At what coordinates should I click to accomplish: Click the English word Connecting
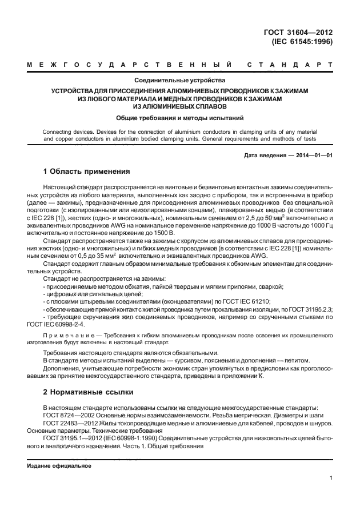(x=59, y=132)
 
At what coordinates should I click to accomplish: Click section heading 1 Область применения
(x=87, y=172)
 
